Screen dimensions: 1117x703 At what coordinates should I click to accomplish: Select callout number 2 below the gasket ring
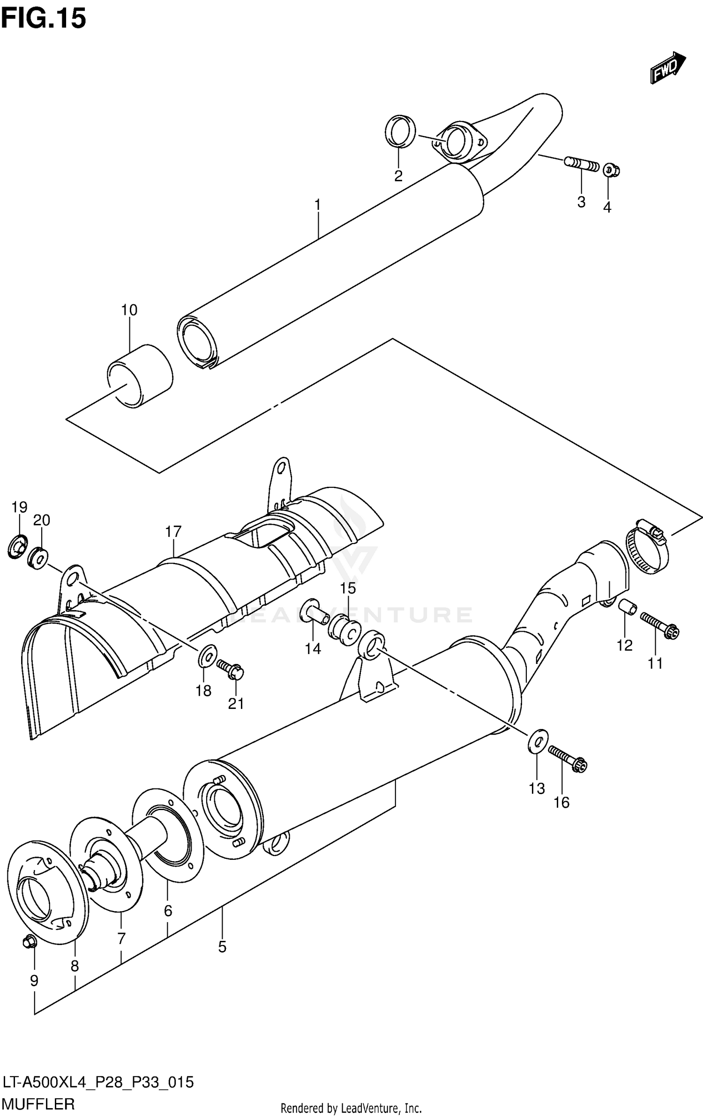click(x=398, y=176)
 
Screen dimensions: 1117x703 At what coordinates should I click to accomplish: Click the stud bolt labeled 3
click(x=582, y=164)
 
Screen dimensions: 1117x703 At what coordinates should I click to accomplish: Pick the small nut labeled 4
click(x=611, y=170)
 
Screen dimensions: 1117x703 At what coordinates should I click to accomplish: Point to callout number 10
click(x=129, y=310)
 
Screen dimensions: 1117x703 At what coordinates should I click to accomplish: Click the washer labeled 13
click(x=538, y=741)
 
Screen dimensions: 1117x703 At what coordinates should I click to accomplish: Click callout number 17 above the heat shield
click(x=173, y=532)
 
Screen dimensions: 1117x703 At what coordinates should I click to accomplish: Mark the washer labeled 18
click(x=207, y=655)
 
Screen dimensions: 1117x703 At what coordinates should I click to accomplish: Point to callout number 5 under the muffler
click(x=222, y=947)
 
